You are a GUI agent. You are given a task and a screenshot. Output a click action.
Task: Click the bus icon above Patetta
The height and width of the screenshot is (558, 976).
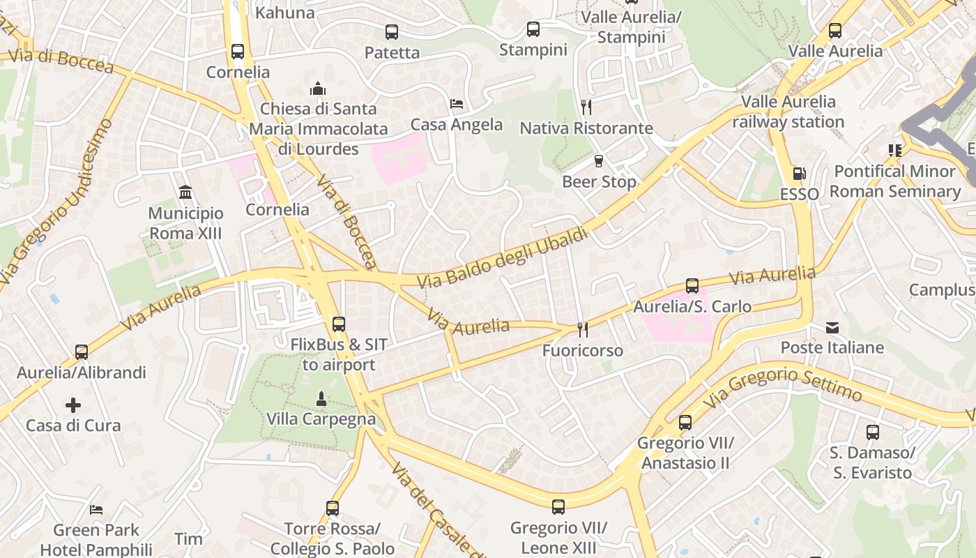[x=392, y=31]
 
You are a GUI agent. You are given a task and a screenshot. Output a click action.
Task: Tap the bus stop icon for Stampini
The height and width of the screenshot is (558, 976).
[x=533, y=29]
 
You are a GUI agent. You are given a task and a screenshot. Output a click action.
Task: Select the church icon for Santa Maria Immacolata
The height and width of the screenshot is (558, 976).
[x=318, y=89]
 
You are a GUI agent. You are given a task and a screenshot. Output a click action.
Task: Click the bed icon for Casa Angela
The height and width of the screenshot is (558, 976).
[x=457, y=104]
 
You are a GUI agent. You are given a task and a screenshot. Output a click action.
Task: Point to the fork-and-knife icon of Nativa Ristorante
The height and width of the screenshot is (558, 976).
[x=586, y=107]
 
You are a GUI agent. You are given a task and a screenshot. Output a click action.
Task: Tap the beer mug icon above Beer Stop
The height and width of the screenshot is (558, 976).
[x=599, y=161]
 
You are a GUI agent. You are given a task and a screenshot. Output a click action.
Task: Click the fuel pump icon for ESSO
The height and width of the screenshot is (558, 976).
[x=799, y=174]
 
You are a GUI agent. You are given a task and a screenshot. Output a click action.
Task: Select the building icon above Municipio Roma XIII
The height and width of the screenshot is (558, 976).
[x=185, y=192]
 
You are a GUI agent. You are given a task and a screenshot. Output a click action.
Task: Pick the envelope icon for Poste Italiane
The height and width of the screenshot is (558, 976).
[x=832, y=327]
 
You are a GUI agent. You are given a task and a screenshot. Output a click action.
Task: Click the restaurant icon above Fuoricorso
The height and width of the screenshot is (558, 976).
[x=582, y=329]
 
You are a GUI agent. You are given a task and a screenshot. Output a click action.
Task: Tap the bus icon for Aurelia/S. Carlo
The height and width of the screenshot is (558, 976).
[x=692, y=286]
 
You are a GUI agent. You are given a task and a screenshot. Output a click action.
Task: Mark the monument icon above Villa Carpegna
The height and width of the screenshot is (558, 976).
[x=321, y=399]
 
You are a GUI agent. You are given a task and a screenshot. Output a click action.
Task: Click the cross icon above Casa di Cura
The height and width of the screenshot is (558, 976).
[x=73, y=405]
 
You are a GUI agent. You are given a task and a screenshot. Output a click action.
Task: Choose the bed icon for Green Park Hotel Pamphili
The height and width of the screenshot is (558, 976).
[x=96, y=510]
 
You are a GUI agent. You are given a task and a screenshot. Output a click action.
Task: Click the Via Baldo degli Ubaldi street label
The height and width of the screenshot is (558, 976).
[x=503, y=259]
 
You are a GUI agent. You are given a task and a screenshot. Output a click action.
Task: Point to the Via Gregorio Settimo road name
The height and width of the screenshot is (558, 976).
[x=784, y=388]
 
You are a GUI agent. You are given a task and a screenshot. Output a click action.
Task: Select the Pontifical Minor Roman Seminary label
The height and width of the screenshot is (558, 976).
[x=895, y=181]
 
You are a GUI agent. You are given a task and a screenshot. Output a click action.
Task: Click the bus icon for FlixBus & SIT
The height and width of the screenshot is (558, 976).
[x=339, y=324]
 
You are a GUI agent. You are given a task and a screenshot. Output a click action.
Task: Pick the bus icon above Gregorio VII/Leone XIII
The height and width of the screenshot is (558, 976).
[x=558, y=507]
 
